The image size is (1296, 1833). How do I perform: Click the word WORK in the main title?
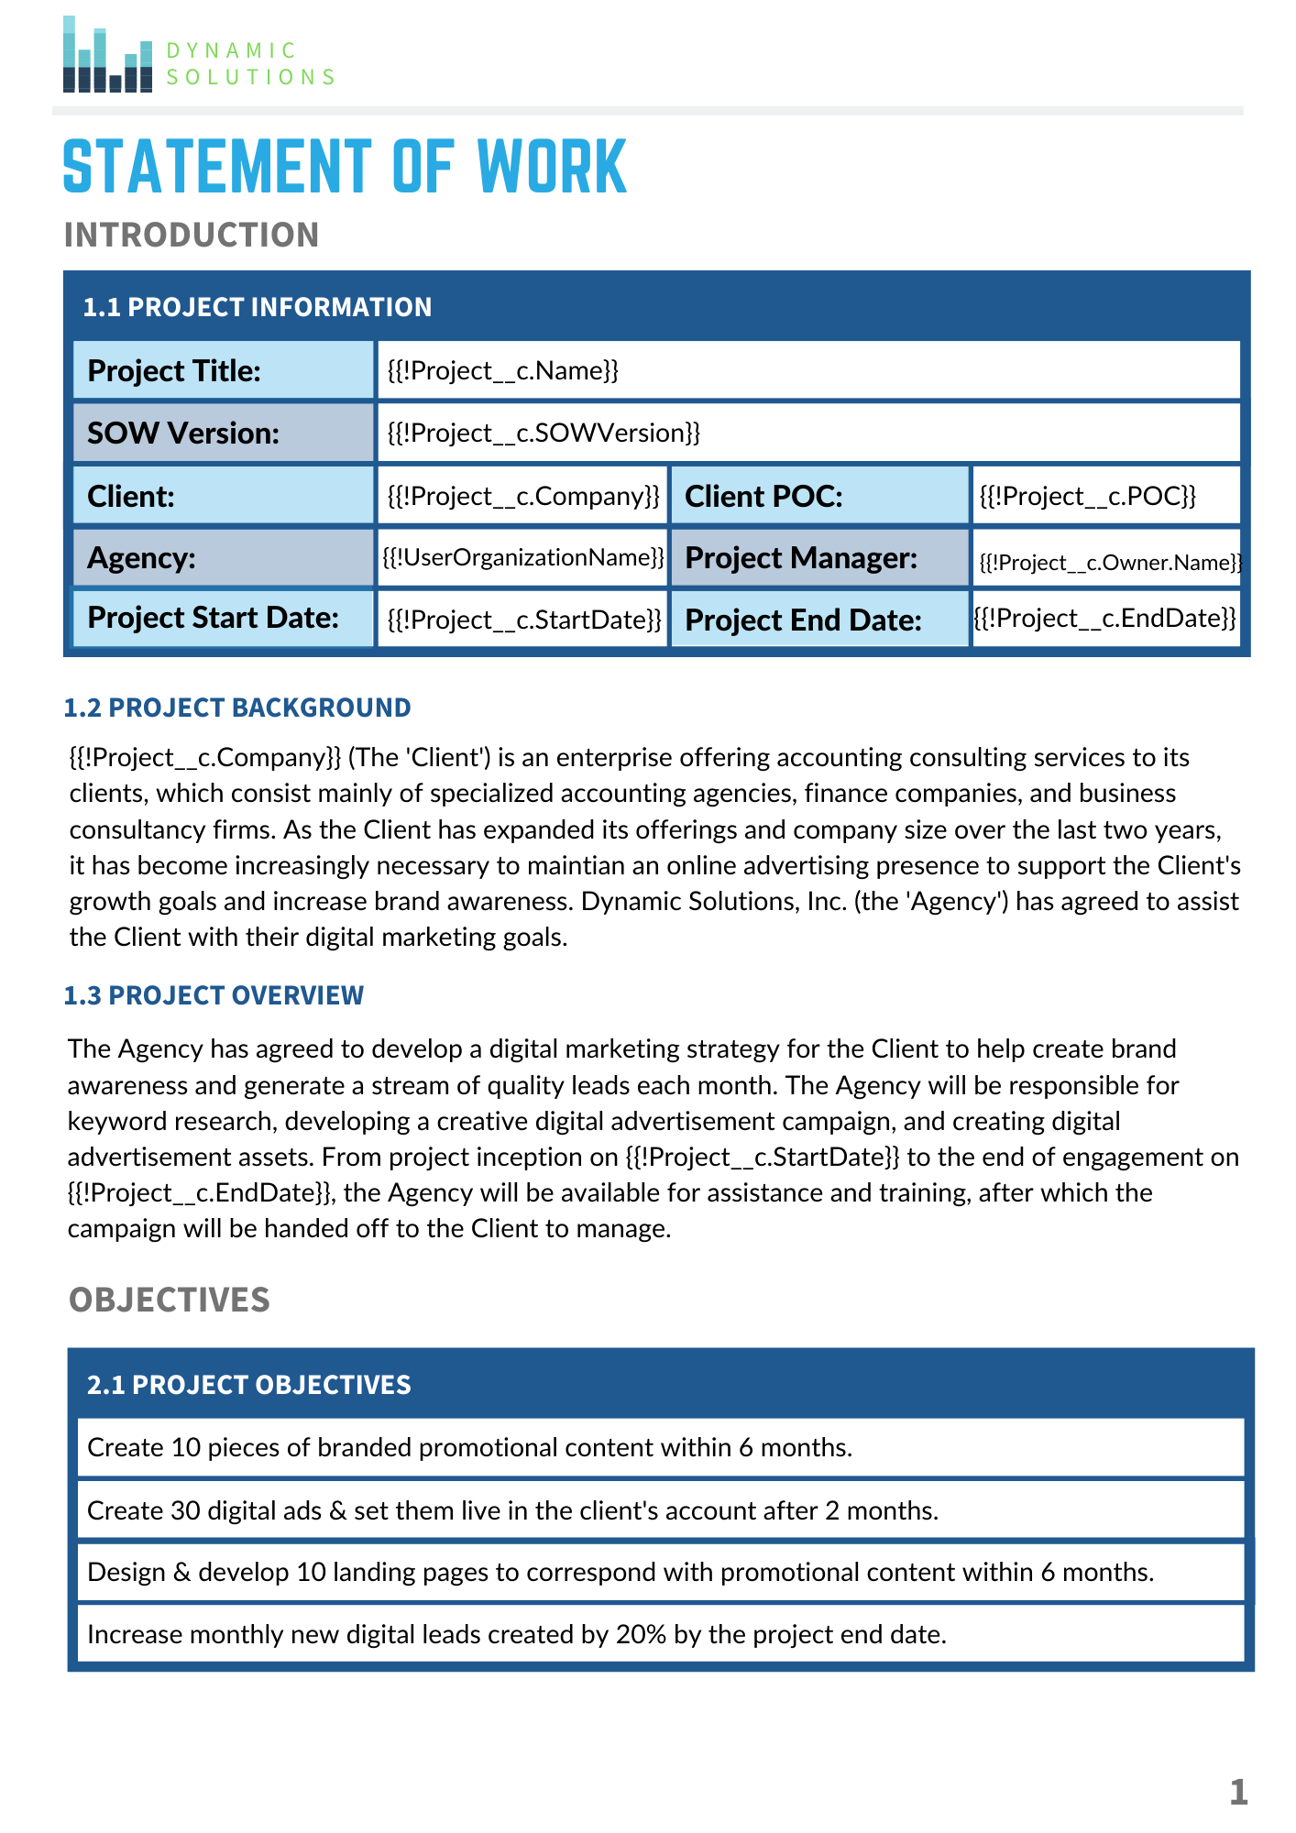(x=552, y=168)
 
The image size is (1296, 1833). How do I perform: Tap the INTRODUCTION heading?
(x=192, y=236)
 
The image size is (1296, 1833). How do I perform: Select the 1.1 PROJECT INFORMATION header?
(x=258, y=307)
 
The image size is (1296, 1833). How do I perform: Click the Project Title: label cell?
(x=223, y=371)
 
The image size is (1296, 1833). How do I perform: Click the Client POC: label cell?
(x=818, y=496)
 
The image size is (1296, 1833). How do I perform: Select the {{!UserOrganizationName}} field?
(x=522, y=557)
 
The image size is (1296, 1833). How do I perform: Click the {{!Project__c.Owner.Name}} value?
(x=1109, y=563)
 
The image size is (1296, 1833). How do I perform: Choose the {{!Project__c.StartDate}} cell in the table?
(x=523, y=620)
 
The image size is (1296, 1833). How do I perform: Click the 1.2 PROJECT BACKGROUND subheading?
(x=237, y=708)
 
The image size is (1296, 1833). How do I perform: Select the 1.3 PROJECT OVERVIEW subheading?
(x=214, y=995)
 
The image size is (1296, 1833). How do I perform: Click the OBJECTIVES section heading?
(x=170, y=1300)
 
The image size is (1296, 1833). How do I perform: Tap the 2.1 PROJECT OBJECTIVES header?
(x=249, y=1385)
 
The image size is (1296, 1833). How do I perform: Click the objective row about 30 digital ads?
(x=513, y=1510)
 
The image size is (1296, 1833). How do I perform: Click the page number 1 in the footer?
(x=1238, y=1792)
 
